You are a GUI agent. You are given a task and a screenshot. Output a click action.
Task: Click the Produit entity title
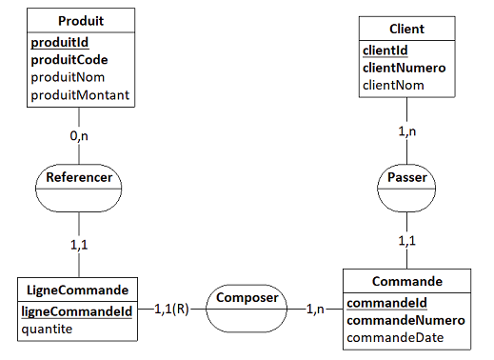click(x=81, y=21)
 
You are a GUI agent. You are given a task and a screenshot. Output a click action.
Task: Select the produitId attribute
click(x=62, y=43)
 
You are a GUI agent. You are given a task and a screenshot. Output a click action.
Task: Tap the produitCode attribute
click(x=69, y=60)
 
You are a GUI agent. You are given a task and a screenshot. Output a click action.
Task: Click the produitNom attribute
click(x=67, y=77)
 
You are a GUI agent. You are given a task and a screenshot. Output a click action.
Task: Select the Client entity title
click(x=406, y=29)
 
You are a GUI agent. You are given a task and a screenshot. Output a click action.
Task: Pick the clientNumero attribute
click(x=405, y=68)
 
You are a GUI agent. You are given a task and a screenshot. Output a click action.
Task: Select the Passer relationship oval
click(x=406, y=177)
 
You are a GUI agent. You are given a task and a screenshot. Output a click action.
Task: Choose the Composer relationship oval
click(x=247, y=298)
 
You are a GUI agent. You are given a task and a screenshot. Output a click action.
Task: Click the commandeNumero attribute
click(x=405, y=321)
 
